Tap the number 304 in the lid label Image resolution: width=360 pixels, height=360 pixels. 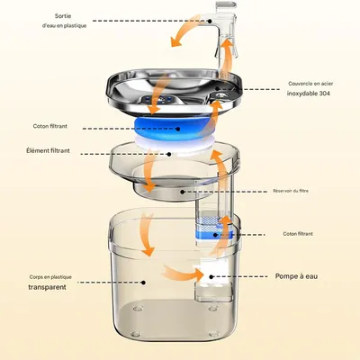tap(332, 99)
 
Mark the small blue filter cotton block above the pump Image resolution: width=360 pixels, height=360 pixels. tap(209, 232)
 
